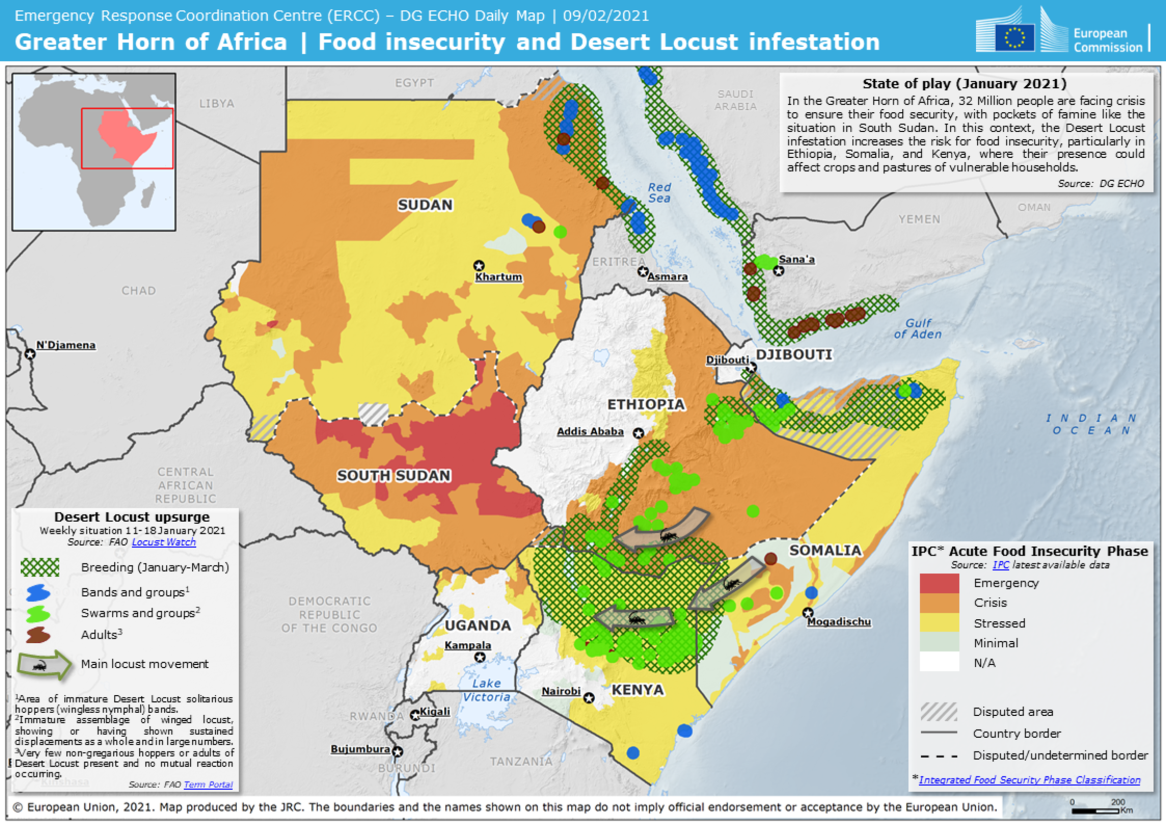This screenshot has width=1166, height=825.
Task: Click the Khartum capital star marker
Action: coord(478,265)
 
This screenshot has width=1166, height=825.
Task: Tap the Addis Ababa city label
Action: coord(590,431)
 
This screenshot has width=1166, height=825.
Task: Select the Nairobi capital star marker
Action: coord(589,697)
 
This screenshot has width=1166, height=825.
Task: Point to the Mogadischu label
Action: coord(839,622)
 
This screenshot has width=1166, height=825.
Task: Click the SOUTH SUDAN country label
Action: coord(394,476)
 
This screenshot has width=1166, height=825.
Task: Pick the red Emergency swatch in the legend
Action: coord(939,583)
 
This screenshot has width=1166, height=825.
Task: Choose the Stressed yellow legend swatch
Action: coord(939,623)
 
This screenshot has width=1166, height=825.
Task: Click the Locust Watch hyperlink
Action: coord(164,542)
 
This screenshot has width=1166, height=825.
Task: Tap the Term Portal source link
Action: coord(208,784)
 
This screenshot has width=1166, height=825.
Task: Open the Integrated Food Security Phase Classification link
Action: coord(1029,780)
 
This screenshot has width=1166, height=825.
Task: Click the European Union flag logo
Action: coord(1014,37)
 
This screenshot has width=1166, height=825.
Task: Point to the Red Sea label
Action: coord(659,192)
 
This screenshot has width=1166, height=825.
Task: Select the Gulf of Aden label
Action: coord(918,329)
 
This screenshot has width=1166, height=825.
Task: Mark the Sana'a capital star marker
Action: coord(778,271)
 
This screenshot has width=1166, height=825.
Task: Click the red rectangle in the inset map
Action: coord(127,138)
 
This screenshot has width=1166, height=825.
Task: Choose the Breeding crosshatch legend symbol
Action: coord(40,567)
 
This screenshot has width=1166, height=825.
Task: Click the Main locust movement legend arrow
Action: coord(44,665)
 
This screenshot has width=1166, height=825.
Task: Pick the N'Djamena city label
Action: coord(66,345)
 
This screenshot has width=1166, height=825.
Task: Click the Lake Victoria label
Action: coord(486,690)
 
